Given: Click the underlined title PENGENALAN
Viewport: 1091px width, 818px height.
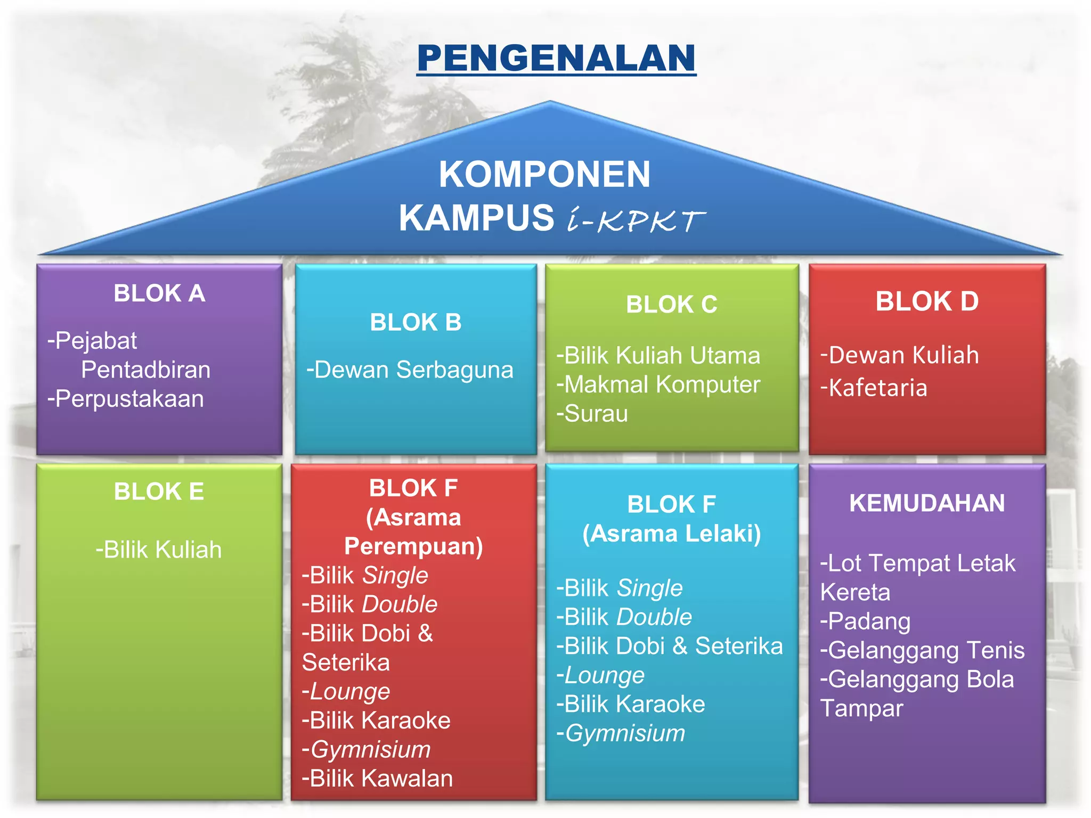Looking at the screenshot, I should point(556,58).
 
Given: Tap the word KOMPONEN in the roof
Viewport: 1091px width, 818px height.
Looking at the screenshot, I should point(544,174).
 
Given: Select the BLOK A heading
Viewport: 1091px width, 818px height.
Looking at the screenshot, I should point(159,293).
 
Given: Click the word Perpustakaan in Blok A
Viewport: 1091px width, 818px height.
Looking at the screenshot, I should point(129,399).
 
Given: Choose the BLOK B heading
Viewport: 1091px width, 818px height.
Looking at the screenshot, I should point(416,322).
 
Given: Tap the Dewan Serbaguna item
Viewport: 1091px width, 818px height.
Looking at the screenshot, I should point(410,370).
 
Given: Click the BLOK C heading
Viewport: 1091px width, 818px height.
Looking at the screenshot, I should point(671,305).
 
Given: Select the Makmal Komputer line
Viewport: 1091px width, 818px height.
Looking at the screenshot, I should point(658,385).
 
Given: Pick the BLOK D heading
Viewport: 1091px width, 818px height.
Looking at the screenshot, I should point(927,301).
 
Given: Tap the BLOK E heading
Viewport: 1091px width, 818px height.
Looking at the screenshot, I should point(159,492).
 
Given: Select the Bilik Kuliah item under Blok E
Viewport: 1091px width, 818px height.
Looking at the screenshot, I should point(159,550).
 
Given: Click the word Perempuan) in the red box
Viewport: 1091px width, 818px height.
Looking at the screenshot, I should point(413,546).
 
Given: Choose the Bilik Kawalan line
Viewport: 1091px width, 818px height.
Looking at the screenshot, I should point(377,779).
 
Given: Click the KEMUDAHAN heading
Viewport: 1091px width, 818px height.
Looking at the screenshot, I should point(927,503).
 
